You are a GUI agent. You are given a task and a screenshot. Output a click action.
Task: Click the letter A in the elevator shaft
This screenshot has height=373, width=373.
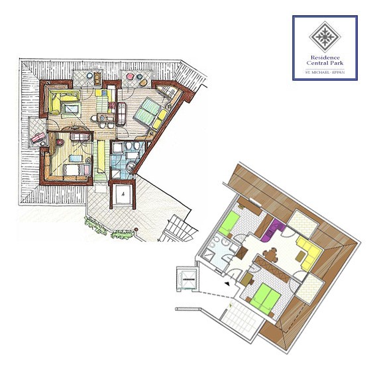point(123,194)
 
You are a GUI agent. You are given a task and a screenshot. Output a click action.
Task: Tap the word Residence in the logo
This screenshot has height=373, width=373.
point(325,58)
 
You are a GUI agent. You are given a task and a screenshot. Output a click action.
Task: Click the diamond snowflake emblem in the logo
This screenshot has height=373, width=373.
point(325,37)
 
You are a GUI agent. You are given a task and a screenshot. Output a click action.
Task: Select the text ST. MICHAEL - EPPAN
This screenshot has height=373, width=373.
point(325,72)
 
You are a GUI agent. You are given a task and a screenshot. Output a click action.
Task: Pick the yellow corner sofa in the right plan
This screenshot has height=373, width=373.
point(309,253)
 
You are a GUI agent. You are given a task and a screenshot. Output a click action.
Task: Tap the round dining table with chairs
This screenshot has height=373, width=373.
point(270,255)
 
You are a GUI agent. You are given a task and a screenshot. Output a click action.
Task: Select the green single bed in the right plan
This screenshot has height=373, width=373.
point(229,223)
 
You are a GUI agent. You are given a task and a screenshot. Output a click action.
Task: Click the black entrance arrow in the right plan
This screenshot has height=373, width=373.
point(228,284)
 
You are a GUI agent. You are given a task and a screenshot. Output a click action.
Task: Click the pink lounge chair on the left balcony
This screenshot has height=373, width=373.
point(38,138)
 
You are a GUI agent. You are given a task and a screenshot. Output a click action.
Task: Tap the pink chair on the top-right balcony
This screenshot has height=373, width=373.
point(130,76)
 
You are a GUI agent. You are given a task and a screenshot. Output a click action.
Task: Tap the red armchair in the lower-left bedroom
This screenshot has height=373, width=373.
point(60,142)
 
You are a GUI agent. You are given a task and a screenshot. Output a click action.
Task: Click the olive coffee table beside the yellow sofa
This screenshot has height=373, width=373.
point(300,256)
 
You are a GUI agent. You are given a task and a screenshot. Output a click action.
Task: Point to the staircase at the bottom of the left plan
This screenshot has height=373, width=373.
point(180,229)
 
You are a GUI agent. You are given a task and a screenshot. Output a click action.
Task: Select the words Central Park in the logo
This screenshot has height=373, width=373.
point(325,63)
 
